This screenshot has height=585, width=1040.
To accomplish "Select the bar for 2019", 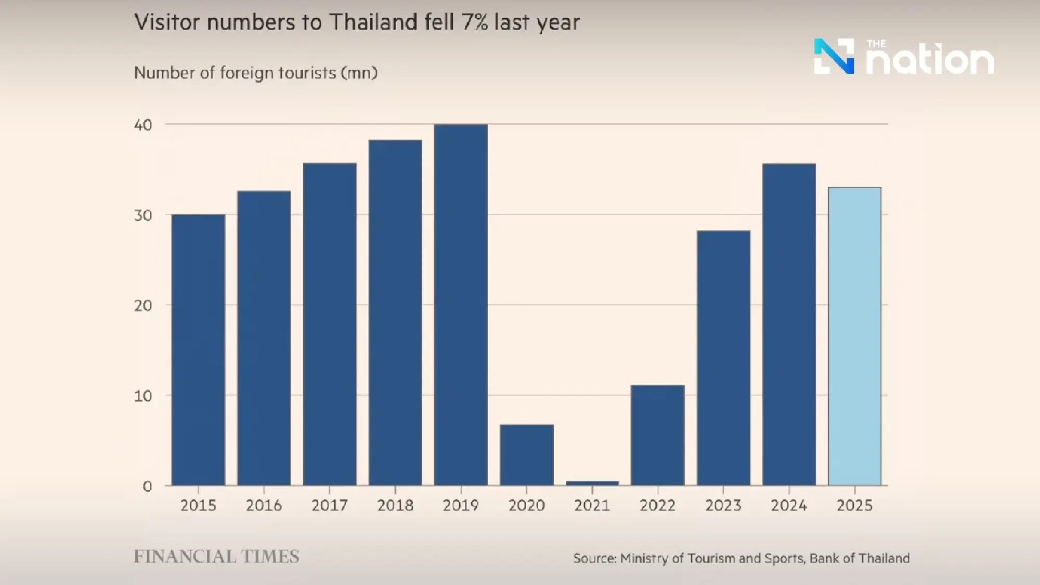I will [461, 305].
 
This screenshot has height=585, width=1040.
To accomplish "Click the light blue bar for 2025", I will [854, 336].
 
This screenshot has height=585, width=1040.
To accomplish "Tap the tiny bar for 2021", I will [592, 483].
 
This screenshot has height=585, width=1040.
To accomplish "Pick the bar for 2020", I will [527, 455].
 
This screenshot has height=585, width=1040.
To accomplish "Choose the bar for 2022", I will [658, 435].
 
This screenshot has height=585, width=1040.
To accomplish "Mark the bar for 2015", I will [198, 350].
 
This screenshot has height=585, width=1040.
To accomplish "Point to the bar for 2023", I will [723, 358].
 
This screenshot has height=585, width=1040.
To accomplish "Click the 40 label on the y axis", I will [143, 125].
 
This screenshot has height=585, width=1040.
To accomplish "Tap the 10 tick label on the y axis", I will [143, 396].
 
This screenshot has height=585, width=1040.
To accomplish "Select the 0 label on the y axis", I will [147, 487].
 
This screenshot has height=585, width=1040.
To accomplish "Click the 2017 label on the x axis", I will [329, 505].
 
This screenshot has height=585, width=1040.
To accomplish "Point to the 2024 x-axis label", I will [789, 505].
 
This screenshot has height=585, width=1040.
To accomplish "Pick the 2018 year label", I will [395, 505].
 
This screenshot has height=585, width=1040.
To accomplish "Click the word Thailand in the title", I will [373, 22].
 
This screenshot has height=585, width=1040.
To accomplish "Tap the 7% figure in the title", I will [474, 22].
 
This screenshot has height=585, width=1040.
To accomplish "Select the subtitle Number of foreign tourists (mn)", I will [255, 73].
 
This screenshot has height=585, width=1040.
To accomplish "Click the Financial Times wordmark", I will [216, 557].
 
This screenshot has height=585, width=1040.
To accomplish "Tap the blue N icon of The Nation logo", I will [834, 56].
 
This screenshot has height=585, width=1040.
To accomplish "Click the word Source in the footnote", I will [594, 558].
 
